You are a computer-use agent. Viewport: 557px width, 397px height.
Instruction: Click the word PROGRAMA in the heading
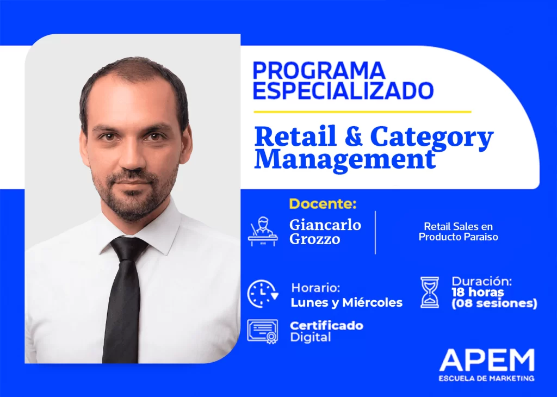[319, 71]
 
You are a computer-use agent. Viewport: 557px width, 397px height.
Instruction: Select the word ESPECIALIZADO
[343, 90]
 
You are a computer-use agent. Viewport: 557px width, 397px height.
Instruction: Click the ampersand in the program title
[354, 137]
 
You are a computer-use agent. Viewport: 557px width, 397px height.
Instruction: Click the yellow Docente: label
[323, 204]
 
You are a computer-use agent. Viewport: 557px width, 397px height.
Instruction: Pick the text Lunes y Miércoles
[346, 303]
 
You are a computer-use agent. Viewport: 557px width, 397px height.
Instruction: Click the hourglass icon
[429, 293]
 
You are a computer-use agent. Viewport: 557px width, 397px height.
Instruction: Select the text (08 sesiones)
[494, 303]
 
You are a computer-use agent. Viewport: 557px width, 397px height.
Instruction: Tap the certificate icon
[262, 331]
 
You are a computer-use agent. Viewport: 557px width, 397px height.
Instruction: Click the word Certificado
[326, 326]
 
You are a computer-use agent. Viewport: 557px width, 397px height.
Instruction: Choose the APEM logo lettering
[487, 361]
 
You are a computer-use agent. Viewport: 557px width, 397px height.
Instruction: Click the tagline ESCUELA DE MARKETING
[487, 378]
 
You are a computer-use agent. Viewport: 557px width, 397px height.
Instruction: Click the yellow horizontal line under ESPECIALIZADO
[362, 112]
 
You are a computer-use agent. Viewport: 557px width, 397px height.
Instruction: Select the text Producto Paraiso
[458, 237]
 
